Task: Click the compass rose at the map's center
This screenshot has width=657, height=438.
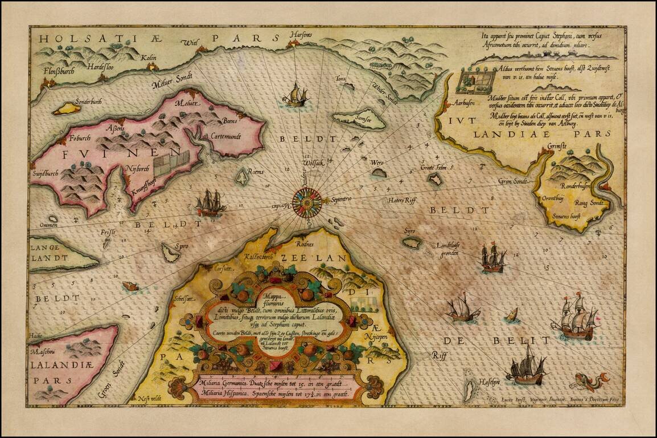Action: pos(307,201)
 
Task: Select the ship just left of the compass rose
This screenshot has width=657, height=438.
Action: pos(210,203)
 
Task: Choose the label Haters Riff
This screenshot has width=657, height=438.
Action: pos(403,200)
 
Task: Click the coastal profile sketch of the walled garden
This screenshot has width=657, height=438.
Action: pos(475,82)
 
